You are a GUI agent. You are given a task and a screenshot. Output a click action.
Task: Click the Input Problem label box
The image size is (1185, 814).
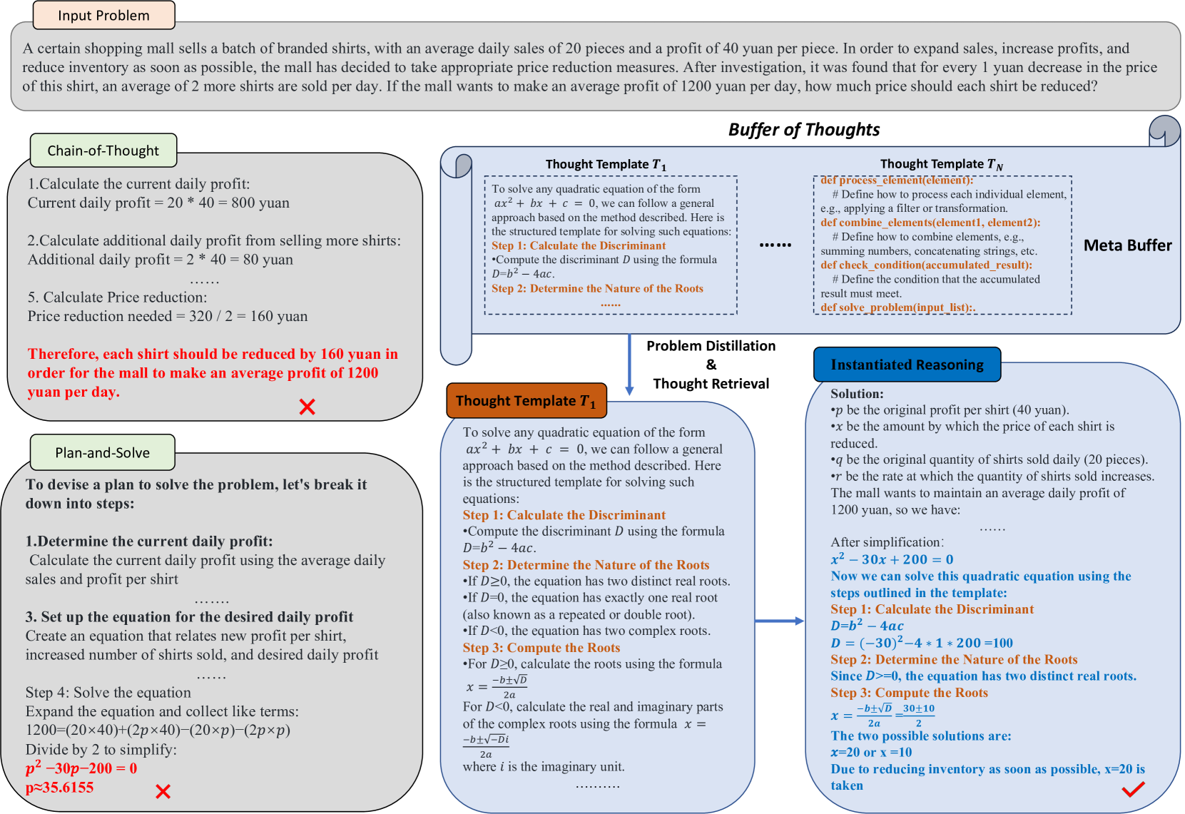(x=103, y=16)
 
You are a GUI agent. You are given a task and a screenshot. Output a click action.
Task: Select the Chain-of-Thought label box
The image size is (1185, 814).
(x=103, y=151)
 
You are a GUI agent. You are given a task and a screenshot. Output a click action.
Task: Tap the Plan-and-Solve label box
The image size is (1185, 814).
(x=103, y=452)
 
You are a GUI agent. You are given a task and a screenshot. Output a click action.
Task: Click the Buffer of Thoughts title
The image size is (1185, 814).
(x=803, y=129)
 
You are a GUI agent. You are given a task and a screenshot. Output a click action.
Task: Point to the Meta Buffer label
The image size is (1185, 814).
(x=1127, y=245)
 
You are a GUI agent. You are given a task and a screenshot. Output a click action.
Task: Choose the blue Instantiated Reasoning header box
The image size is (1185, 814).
(x=907, y=365)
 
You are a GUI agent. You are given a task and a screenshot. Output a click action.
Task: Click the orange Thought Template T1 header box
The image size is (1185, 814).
(x=526, y=401)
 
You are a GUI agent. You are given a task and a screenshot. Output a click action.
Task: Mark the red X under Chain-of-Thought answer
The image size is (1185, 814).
(x=307, y=407)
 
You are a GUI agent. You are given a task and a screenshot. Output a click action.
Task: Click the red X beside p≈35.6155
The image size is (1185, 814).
(x=163, y=791)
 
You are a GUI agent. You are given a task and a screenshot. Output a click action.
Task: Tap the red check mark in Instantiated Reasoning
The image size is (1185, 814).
(x=1133, y=788)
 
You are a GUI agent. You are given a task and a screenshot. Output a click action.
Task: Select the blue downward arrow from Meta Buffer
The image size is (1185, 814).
(x=629, y=364)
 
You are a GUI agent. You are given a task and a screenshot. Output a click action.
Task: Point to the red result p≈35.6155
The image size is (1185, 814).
(x=60, y=788)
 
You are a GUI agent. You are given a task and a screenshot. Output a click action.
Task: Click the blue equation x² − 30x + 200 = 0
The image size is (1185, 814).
(x=892, y=559)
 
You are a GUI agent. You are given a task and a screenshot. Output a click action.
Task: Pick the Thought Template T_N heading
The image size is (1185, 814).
(x=941, y=164)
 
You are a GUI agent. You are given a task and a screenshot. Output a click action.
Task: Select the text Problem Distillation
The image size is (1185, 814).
(x=711, y=346)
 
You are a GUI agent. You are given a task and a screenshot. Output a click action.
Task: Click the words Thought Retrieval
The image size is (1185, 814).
(x=711, y=384)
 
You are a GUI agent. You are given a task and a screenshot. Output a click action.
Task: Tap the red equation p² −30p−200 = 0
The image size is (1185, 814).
(x=81, y=768)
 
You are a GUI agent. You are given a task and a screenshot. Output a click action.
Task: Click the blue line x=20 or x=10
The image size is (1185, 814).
(x=871, y=752)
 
